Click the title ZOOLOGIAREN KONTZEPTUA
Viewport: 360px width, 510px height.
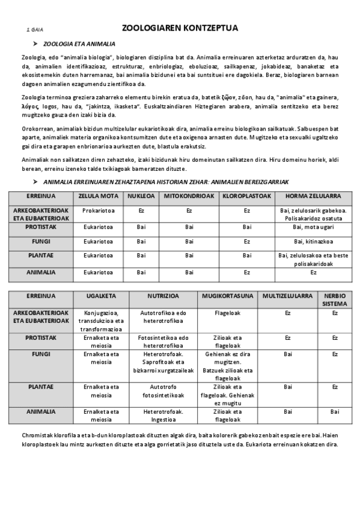click(180, 28)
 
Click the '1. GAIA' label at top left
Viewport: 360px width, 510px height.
click(35, 29)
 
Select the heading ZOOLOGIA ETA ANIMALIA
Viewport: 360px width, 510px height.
click(79, 44)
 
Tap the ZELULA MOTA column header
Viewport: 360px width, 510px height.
click(98, 196)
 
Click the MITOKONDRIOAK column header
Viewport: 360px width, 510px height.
click(189, 196)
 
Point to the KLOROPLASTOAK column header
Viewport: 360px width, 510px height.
click(246, 196)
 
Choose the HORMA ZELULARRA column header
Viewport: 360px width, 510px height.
click(313, 196)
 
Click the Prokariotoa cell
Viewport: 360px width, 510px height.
click(98, 210)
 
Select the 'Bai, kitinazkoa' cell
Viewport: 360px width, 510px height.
click(313, 241)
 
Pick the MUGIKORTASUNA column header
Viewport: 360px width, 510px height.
click(228, 296)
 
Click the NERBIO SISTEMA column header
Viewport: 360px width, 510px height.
click(335, 300)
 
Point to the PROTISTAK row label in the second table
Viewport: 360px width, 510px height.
click(41, 337)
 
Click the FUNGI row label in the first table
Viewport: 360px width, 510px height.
click(41, 241)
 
